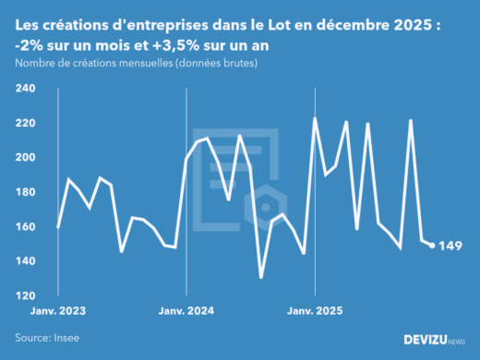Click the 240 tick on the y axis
tap(25, 89)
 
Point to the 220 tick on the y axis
tap(25, 123)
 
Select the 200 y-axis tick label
tap(25, 158)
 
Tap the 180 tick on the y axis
tap(25, 192)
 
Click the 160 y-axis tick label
tap(25, 227)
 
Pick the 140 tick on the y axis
tap(25, 261)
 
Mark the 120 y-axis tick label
tap(25, 296)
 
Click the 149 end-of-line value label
tap(450, 246)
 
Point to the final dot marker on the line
tap(432, 246)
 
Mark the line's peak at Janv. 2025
tap(315, 118)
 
